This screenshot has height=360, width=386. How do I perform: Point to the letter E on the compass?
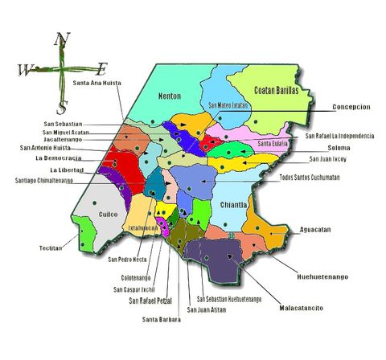(x=102, y=68)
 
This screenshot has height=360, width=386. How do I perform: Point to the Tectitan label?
(x=51, y=248)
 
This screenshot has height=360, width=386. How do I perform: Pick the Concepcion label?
(x=354, y=107)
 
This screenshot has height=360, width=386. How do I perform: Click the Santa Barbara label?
(x=161, y=319)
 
